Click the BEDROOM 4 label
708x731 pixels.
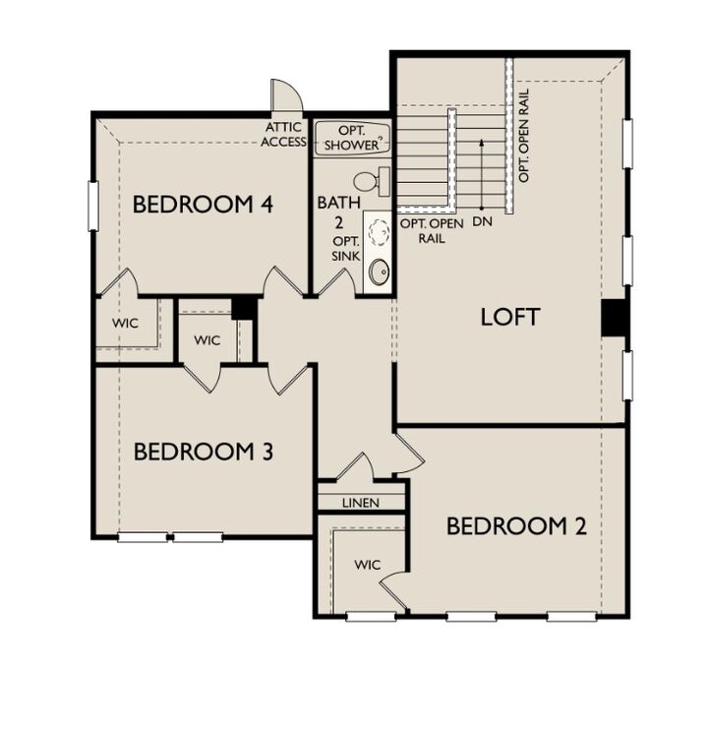pos(202,205)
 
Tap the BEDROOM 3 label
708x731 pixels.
pos(203,452)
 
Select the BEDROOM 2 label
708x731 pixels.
pos(516,526)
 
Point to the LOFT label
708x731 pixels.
pos(510,317)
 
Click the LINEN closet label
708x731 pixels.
pos(361,503)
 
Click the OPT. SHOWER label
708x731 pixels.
pos(352,138)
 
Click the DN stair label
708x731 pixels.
pos(482,221)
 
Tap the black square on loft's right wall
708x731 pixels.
pos(616,317)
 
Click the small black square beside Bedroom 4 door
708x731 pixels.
pos(244,307)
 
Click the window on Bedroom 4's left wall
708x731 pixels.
pos(93,205)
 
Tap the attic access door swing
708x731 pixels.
pos(287,96)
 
